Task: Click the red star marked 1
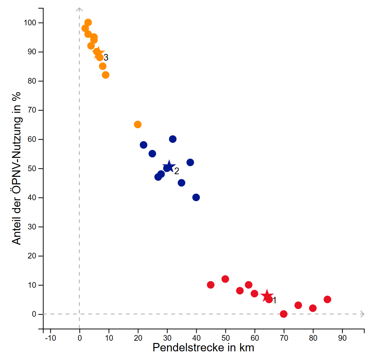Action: pyautogui.click(x=267, y=295)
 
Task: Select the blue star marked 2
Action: pyautogui.click(x=169, y=167)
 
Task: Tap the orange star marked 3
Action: pyautogui.click(x=98, y=53)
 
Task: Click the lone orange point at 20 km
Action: pyautogui.click(x=138, y=125)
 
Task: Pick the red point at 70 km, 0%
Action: pyautogui.click(x=284, y=314)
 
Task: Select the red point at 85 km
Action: pyautogui.click(x=327, y=299)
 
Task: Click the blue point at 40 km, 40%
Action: pyautogui.click(x=196, y=197)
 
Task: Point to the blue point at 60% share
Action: pyautogui.click(x=173, y=139)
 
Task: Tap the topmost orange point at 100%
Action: pyautogui.click(x=88, y=23)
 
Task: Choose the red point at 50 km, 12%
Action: pyautogui.click(x=225, y=279)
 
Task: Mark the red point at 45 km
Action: pyautogui.click(x=211, y=285)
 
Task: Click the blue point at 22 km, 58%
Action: pyautogui.click(x=144, y=145)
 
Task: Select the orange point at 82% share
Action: pyautogui.click(x=106, y=75)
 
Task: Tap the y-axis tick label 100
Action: pyautogui.click(x=32, y=23)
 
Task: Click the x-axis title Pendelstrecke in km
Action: pyautogui.click(x=203, y=348)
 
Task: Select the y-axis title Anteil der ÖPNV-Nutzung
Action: pyautogui.click(x=17, y=168)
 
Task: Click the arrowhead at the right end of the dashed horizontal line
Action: pyautogui.click(x=362, y=314)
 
